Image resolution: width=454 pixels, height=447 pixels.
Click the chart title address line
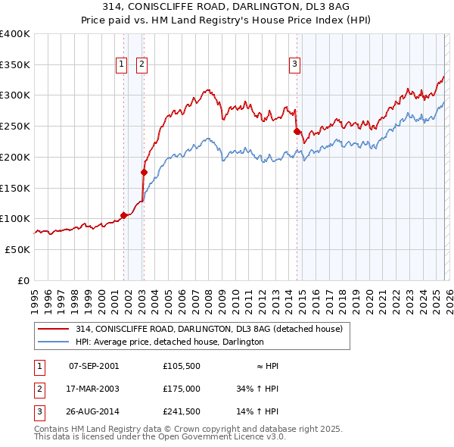[226, 7]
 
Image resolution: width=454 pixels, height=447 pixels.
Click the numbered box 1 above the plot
[121, 65]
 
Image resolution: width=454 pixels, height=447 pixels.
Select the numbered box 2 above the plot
[141, 65]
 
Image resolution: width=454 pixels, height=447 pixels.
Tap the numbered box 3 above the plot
[294, 65]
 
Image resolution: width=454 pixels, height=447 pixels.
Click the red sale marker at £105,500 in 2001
[123, 215]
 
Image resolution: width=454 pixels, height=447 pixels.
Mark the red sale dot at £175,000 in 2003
[144, 172]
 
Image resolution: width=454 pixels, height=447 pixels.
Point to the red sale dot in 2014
[297, 131]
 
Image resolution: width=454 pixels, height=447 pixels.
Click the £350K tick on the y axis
[15, 64]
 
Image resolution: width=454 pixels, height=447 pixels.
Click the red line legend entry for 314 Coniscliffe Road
[209, 329]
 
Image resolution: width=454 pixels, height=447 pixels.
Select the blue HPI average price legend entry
[169, 342]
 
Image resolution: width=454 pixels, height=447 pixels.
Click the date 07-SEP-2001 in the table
[93, 365]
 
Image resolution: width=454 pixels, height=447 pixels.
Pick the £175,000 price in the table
[181, 389]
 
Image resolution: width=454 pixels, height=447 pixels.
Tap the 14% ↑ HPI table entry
[258, 412]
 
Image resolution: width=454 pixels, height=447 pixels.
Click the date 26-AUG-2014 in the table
[93, 412]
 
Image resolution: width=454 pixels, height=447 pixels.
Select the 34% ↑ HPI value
[258, 389]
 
